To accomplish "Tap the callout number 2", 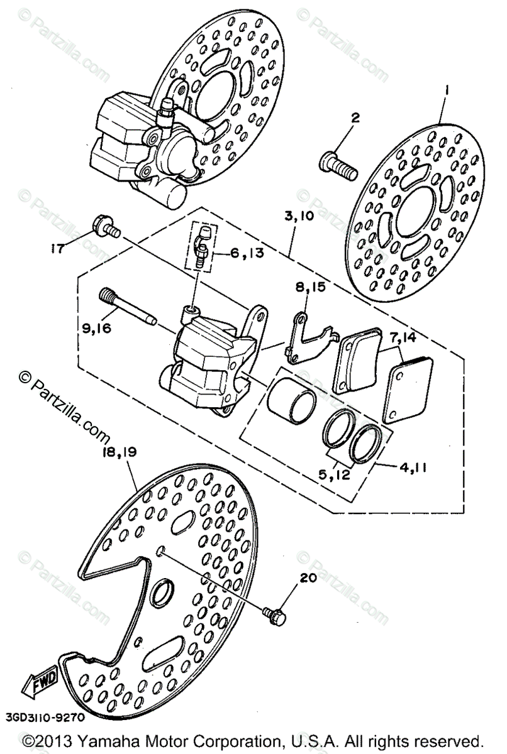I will pos(355,117).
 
